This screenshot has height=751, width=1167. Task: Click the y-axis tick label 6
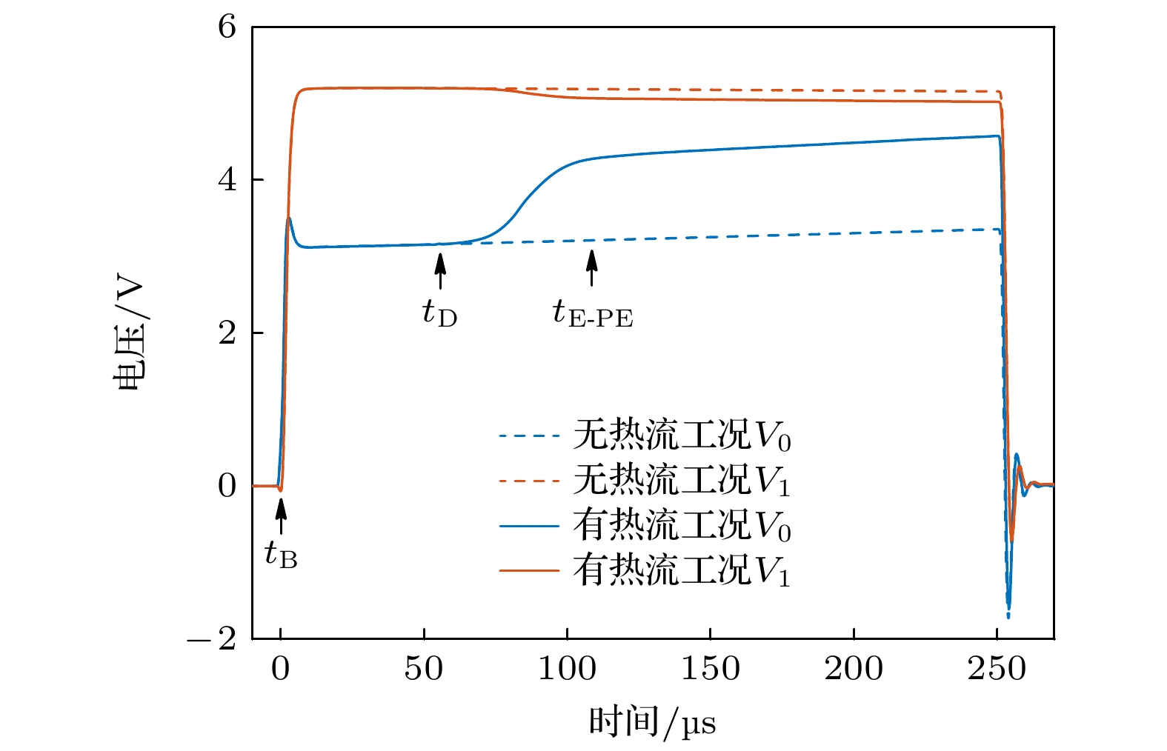coord(227,27)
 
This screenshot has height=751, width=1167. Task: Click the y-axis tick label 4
coord(227,180)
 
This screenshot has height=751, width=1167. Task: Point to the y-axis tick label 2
coord(227,333)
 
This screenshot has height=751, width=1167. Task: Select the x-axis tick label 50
coord(424,669)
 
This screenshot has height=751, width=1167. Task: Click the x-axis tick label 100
coord(567,669)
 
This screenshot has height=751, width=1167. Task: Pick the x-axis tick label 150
coord(710,669)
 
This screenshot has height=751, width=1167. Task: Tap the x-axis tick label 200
coord(854,669)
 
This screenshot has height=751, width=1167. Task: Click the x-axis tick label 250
coord(997,669)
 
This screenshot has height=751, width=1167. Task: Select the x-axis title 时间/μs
coord(652,723)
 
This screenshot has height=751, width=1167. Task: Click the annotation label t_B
coord(282,554)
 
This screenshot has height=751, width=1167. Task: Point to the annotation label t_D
coord(440,313)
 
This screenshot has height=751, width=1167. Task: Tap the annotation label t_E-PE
coord(593,313)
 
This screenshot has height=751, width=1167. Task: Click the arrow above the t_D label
coord(441,271)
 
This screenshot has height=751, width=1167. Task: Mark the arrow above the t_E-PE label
coord(591,268)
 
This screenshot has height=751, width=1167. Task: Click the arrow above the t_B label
coord(281,516)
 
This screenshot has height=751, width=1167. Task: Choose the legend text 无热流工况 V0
coord(682,435)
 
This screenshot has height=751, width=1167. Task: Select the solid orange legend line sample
coord(528,570)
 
